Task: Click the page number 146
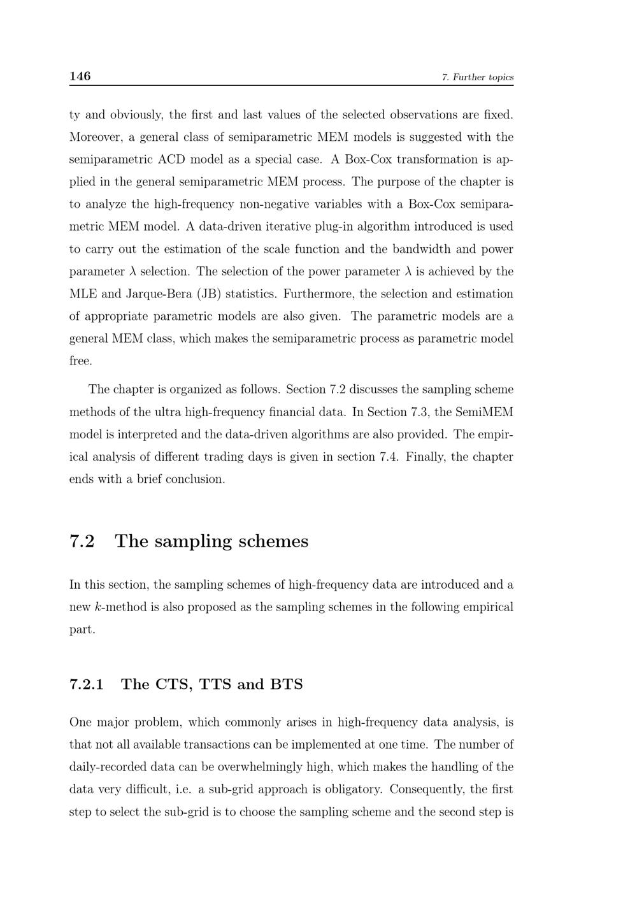point(80,76)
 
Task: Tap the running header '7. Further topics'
point(477,78)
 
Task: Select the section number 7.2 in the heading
point(82,542)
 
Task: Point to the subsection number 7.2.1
point(86,684)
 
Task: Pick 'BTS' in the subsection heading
point(287,684)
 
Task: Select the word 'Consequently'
point(428,789)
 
